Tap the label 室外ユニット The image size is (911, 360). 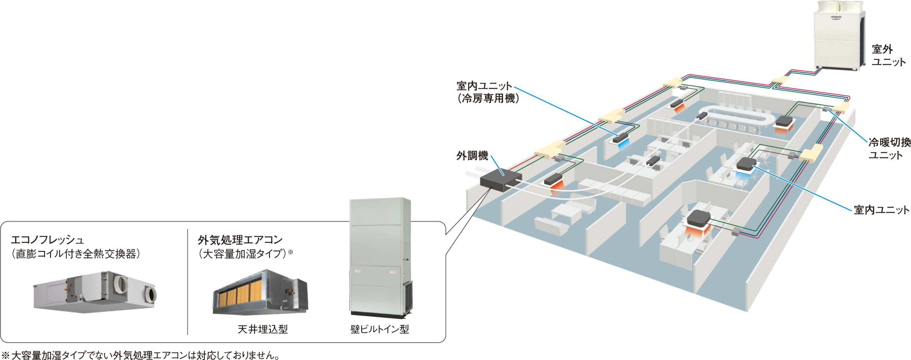tap(888, 55)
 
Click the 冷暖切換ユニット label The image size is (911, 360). tap(889, 148)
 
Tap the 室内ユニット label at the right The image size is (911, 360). tap(881, 210)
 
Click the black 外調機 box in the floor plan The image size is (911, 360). tap(501, 180)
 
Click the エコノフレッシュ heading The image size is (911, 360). tap(48, 240)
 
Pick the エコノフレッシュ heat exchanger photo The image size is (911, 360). tap(95, 292)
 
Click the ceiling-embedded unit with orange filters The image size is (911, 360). tap(260, 293)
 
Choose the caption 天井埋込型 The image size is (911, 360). tap(263, 329)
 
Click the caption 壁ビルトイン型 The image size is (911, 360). tap(380, 329)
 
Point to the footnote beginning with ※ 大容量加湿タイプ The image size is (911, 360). tap(141, 355)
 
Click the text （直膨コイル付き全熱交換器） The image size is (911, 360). tap(76, 254)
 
